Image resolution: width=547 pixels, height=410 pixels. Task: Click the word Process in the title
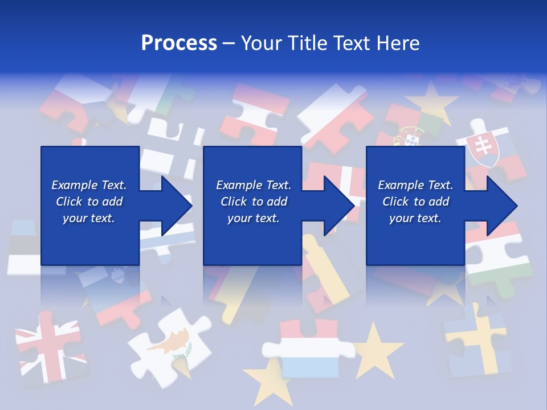pyautogui.click(x=179, y=43)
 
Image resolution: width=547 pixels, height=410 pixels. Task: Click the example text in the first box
pyautogui.click(x=89, y=202)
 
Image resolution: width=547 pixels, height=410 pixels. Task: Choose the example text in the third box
pyautogui.click(x=415, y=202)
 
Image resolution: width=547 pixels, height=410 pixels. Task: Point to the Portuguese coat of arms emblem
pyautogui.click(x=411, y=138)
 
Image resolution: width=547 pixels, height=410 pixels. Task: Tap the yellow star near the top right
pyautogui.click(x=432, y=102)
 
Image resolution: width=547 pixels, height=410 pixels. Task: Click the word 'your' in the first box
pyautogui.click(x=75, y=218)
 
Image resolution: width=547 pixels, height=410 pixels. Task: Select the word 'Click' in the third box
pyautogui.click(x=395, y=202)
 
